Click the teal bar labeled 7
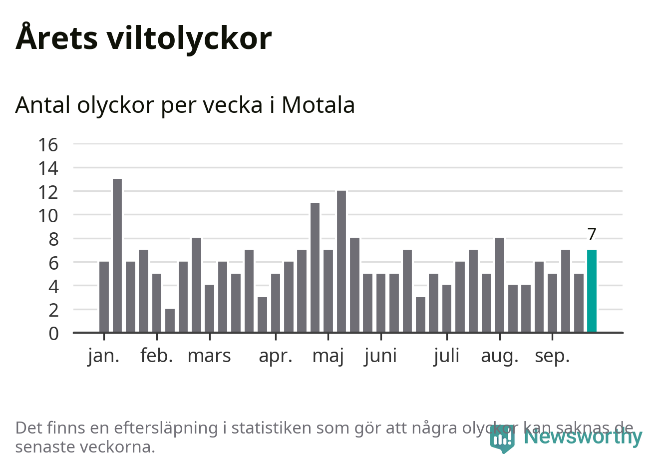[592, 291]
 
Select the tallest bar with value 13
[117, 255]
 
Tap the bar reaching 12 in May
[341, 261]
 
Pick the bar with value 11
[315, 267]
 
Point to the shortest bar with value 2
[170, 321]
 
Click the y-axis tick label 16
[48, 145]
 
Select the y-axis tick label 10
[48, 216]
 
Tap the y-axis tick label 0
[53, 333]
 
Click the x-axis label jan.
[104, 356]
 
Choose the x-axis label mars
[209, 356]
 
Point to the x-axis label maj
[328, 357]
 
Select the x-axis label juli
[446, 356]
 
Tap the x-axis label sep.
[552, 357]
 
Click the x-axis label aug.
[500, 357]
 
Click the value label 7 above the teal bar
[592, 234]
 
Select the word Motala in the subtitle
[318, 105]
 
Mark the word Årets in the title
[56, 38]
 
